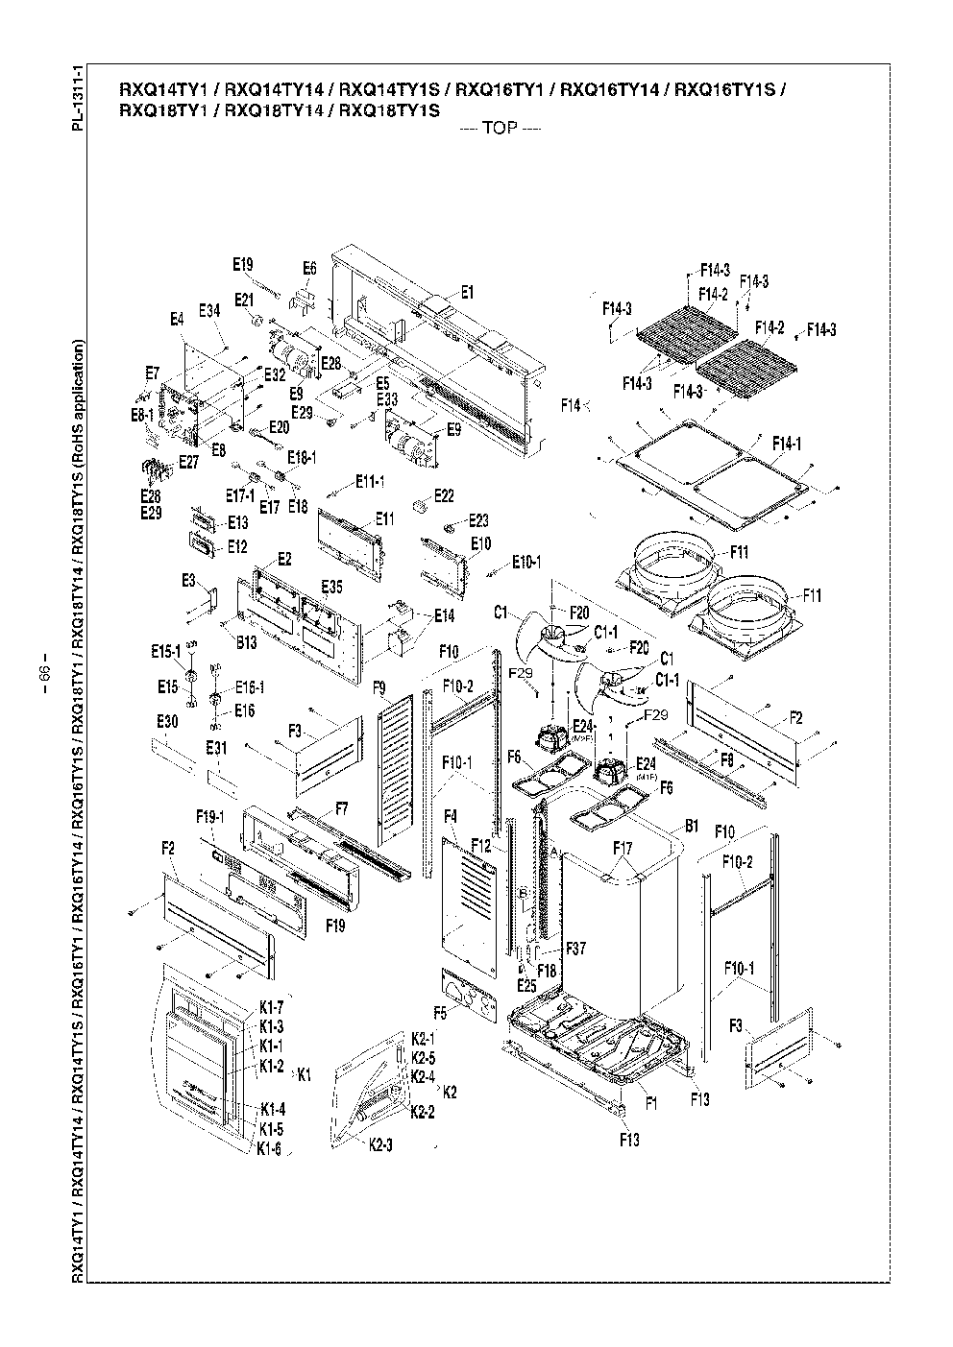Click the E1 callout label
(x=467, y=292)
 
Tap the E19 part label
(x=242, y=264)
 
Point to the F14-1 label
(x=789, y=443)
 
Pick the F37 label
(x=574, y=949)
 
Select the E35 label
(x=331, y=586)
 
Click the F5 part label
(x=440, y=1012)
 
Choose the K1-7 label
(x=271, y=1008)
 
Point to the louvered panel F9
(x=397, y=768)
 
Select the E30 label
(x=166, y=722)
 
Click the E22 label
(x=444, y=495)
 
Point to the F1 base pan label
(x=651, y=1103)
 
